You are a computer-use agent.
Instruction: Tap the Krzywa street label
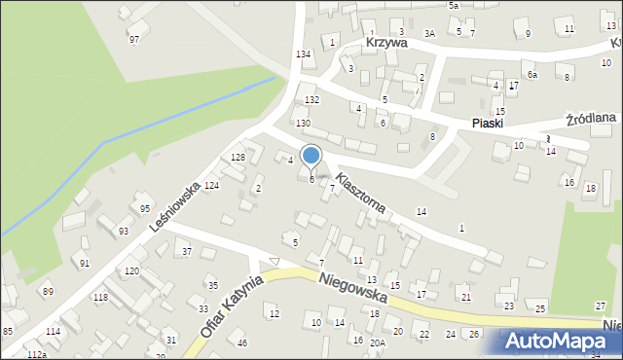386,44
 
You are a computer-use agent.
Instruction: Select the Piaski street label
487,124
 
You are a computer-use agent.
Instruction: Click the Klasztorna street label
361,194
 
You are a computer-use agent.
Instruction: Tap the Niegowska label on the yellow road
352,287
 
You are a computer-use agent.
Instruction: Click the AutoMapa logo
562,342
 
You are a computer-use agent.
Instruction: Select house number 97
134,39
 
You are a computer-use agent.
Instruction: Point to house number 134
304,54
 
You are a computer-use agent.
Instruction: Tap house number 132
311,100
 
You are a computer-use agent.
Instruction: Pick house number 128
237,158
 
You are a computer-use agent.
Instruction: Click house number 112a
37,355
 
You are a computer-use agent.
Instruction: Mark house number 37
186,252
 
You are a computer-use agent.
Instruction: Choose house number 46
242,342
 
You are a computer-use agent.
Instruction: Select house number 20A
377,342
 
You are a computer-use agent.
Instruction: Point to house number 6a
531,75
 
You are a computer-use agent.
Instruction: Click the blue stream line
146,126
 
